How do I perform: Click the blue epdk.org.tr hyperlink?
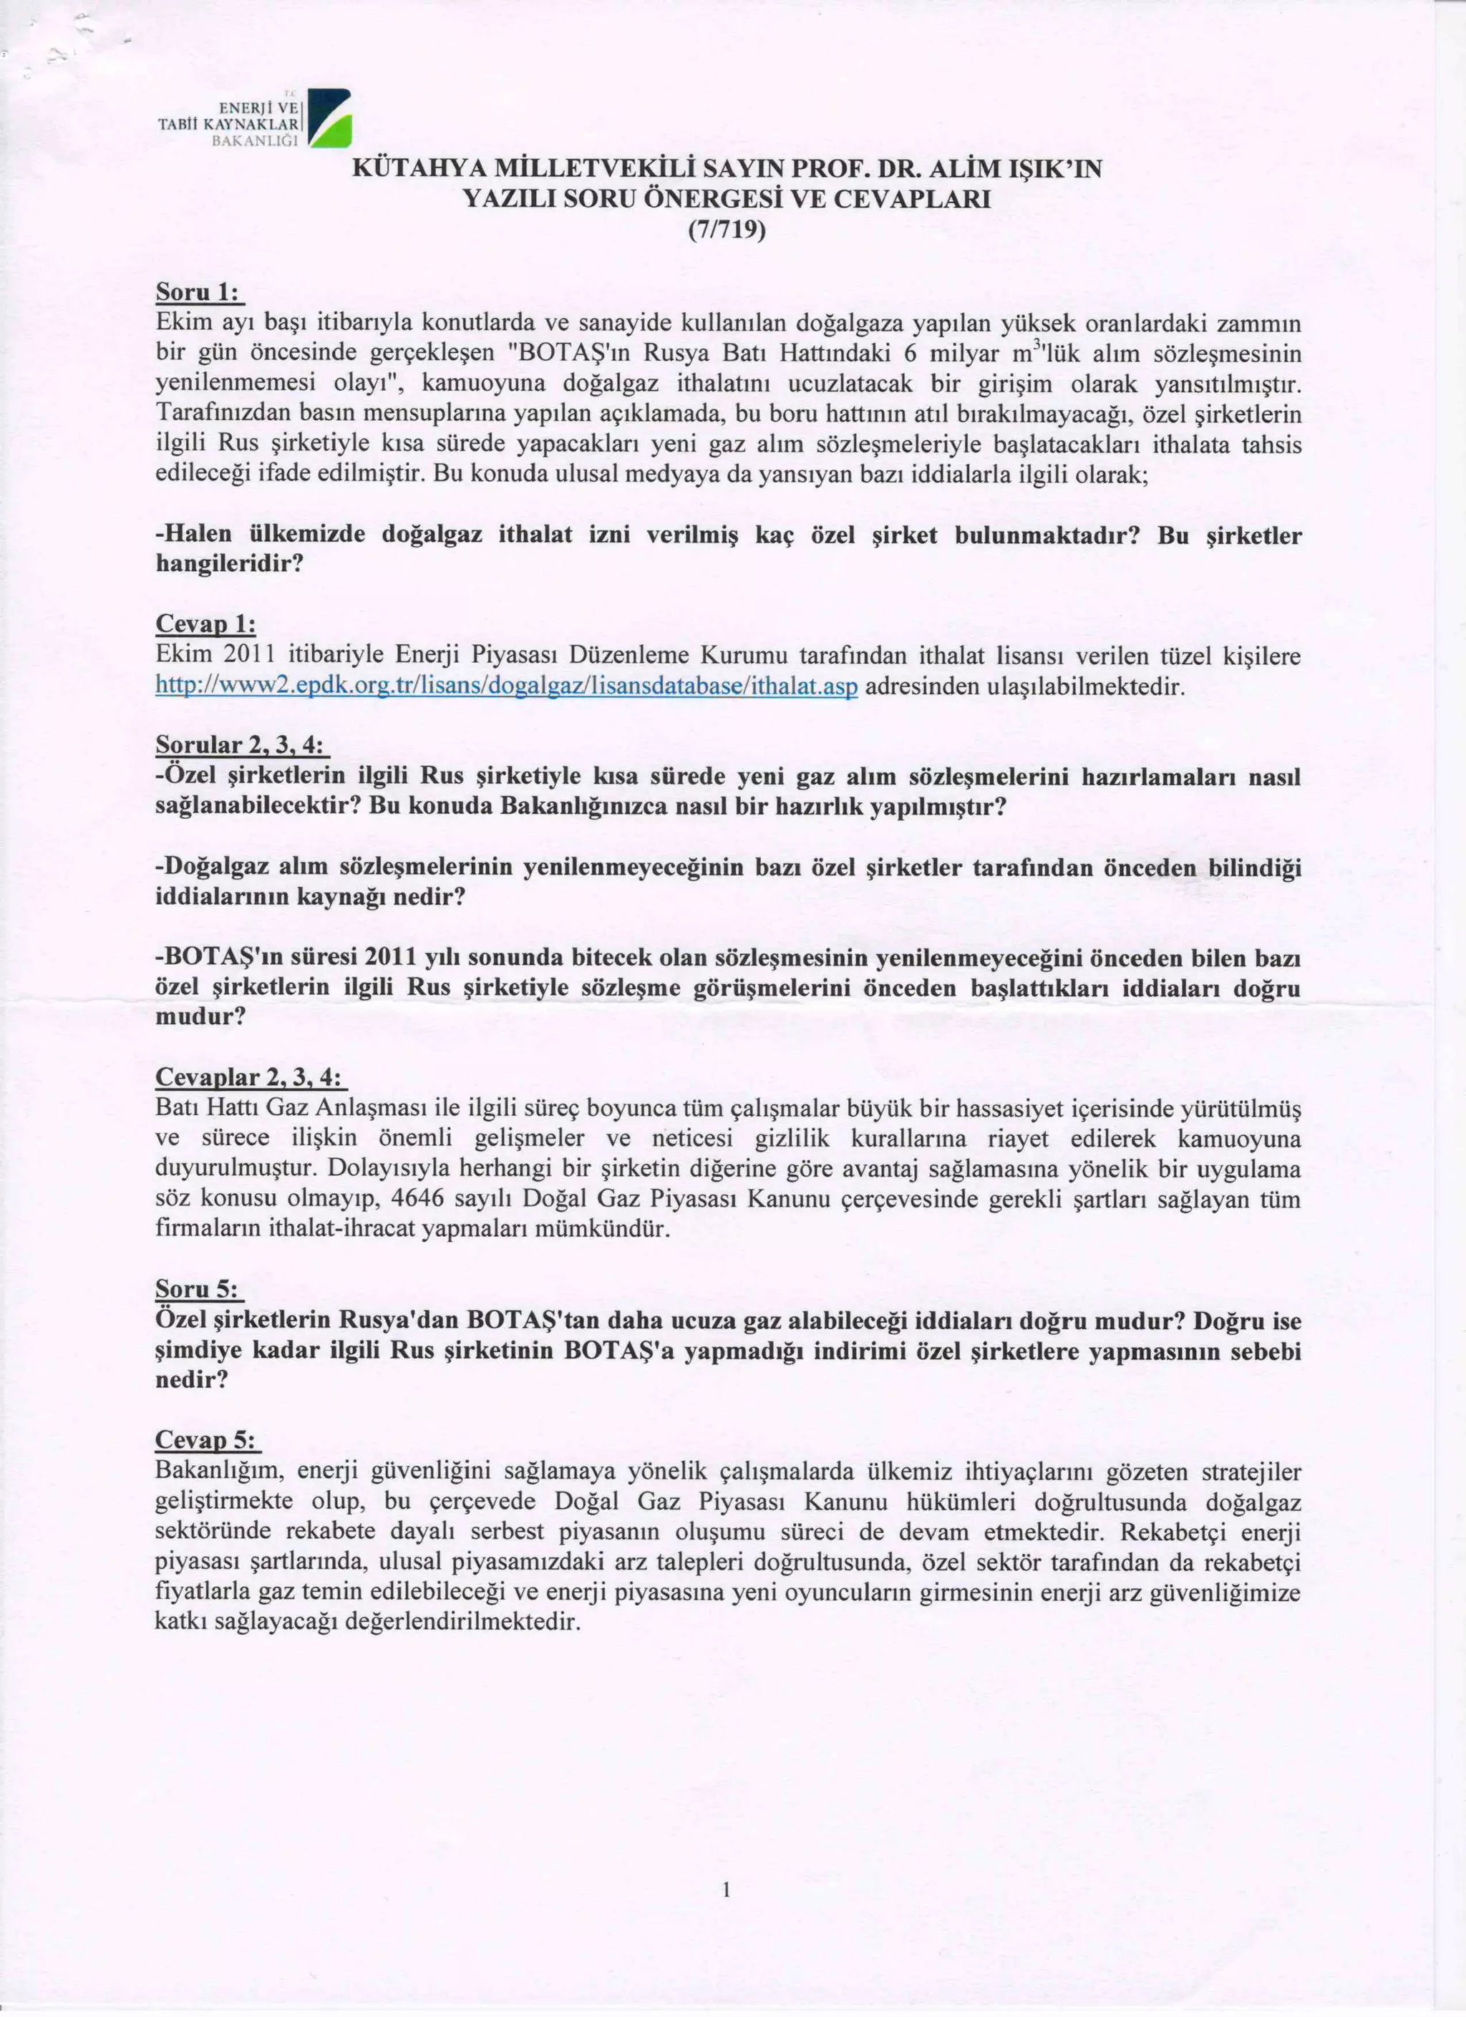(506, 686)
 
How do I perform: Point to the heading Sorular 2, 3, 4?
(241, 744)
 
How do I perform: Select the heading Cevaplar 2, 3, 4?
(249, 1078)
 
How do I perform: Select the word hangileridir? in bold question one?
(230, 564)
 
